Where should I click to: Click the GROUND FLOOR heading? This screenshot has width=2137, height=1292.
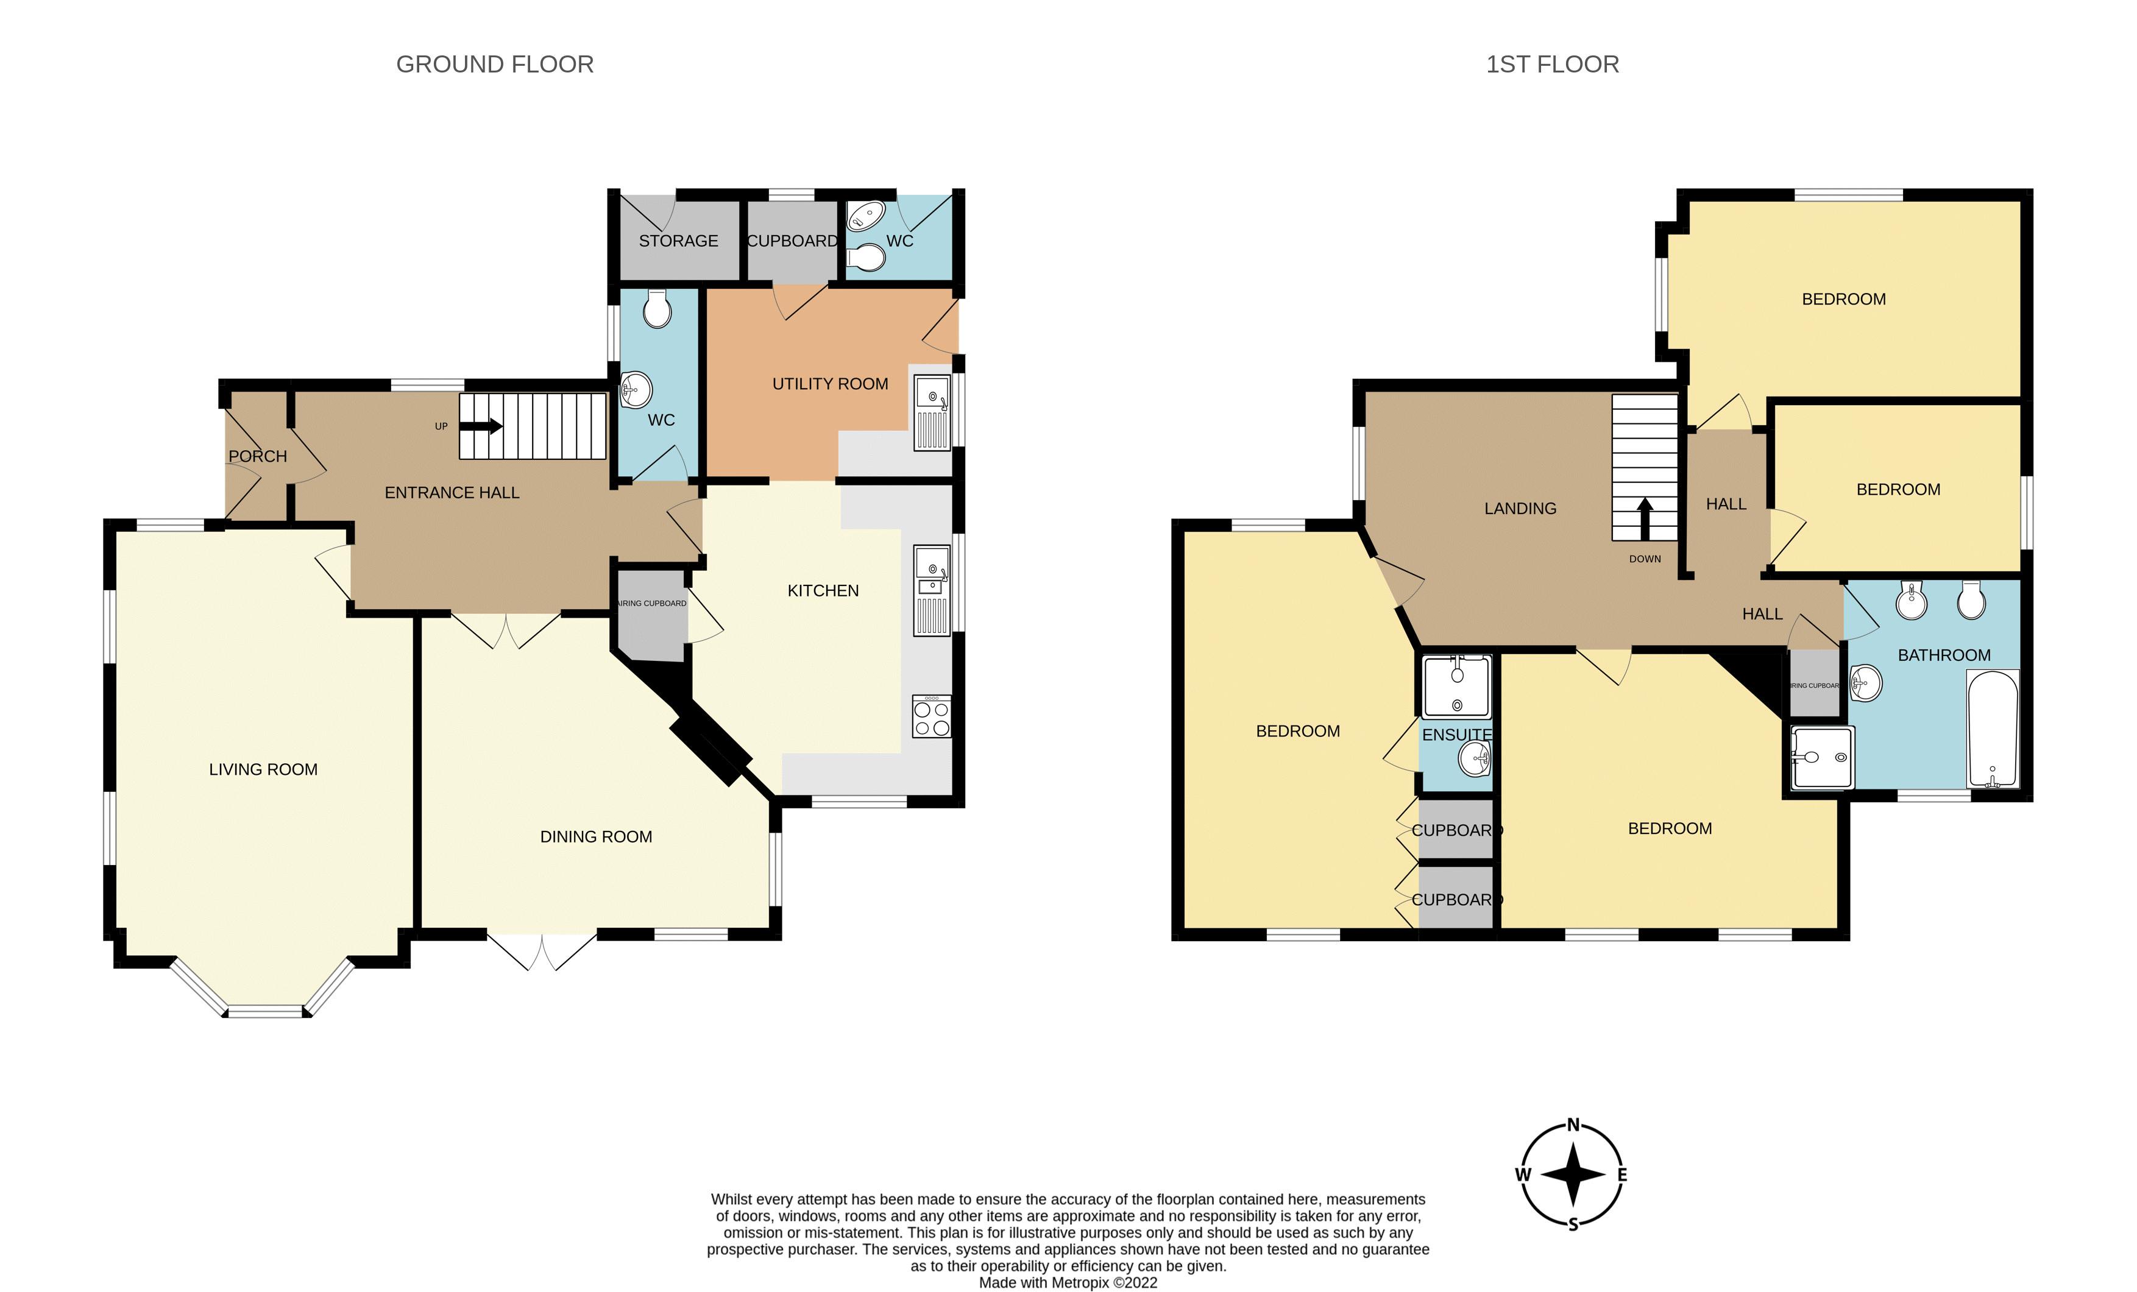(494, 64)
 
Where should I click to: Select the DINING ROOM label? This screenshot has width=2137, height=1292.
(596, 837)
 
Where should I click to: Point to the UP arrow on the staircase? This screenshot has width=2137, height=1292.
(481, 426)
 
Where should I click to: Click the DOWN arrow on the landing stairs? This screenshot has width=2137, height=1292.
(1645, 518)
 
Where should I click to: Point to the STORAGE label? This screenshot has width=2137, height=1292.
(678, 241)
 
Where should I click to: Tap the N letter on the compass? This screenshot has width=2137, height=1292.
(1573, 1126)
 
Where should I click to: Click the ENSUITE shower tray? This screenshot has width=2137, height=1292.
(1456, 686)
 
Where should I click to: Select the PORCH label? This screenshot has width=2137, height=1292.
(258, 456)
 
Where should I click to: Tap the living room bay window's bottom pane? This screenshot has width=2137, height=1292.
(266, 1011)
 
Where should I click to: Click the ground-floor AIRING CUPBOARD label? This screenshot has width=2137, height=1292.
(651, 604)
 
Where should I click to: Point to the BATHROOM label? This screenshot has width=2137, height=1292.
(1944, 655)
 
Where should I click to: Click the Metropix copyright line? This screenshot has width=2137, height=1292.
(1068, 1282)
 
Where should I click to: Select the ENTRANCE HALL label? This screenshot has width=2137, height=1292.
(452, 493)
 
